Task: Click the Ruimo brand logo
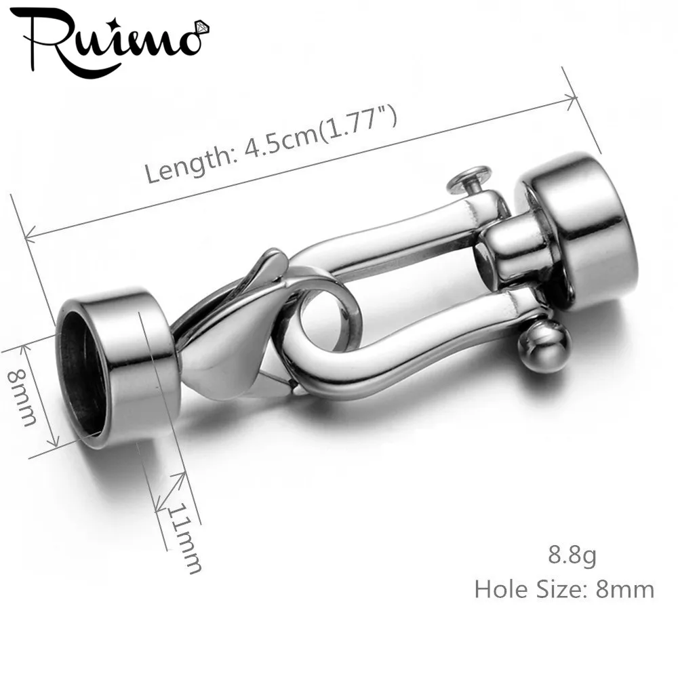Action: (x=111, y=41)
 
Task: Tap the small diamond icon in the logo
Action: (x=202, y=28)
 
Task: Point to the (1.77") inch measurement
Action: (x=357, y=121)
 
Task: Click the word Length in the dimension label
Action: (x=191, y=162)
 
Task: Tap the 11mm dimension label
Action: (x=184, y=538)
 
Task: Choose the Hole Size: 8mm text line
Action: (x=564, y=589)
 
